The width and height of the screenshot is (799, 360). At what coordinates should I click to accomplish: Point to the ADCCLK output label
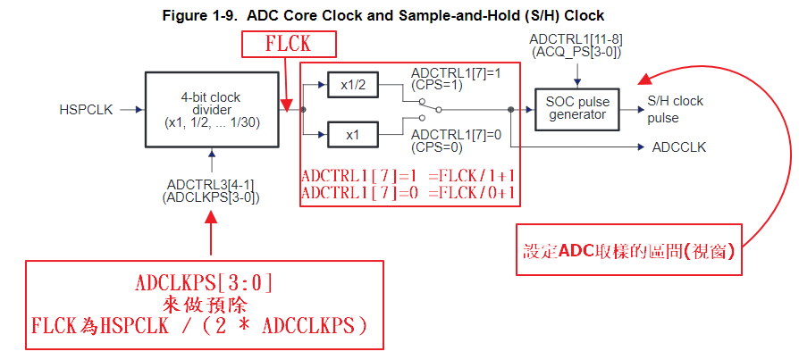[x=678, y=147]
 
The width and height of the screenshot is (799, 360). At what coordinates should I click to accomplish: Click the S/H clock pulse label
[x=675, y=109]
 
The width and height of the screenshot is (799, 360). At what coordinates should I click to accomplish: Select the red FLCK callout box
[x=289, y=45]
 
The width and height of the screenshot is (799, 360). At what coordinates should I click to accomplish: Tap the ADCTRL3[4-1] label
[x=211, y=184]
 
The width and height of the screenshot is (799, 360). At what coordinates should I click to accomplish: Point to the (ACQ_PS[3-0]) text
[x=575, y=53]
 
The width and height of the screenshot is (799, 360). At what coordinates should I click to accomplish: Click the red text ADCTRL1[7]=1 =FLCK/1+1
[x=408, y=175]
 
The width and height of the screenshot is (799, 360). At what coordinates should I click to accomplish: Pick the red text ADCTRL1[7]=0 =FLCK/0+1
[x=408, y=192]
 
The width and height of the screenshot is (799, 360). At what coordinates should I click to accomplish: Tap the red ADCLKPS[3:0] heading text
[x=205, y=283]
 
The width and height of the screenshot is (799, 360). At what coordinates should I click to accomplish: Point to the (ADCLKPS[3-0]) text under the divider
[x=211, y=197]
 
